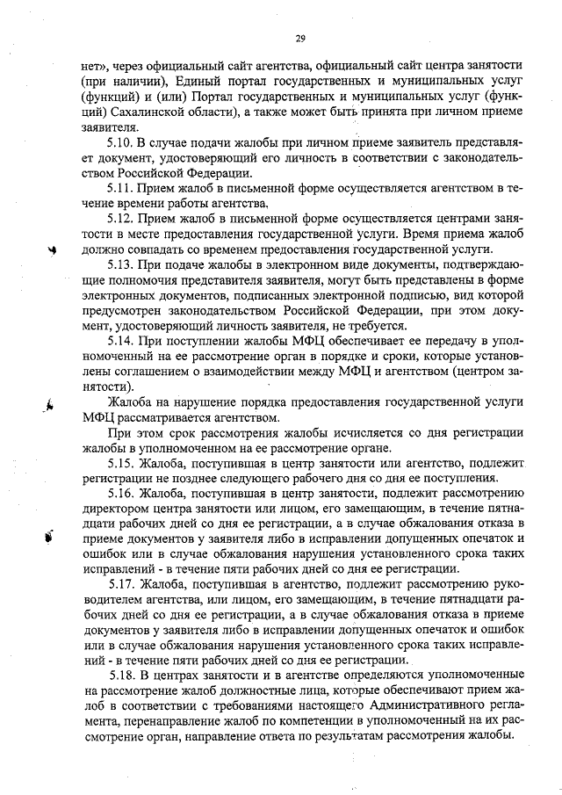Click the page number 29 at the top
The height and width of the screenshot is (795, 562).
click(x=299, y=37)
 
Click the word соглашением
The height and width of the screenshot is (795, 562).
click(x=142, y=372)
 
